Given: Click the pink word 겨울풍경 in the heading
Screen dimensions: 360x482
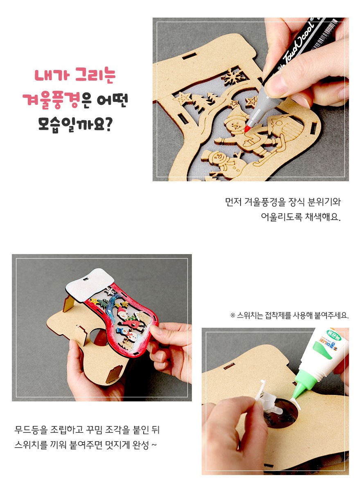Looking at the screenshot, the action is tap(51, 100).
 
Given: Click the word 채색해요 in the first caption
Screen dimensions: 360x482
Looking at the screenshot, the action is tap(322, 217).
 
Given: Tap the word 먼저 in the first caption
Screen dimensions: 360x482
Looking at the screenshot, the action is tap(233, 202).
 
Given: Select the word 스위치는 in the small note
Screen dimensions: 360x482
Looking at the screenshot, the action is tap(250, 315).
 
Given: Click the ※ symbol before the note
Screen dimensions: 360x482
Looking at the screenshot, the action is tap(233, 315).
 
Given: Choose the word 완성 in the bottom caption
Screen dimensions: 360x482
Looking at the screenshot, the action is tap(141, 444).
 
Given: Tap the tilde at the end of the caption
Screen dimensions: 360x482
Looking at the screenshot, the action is tap(154, 445).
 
